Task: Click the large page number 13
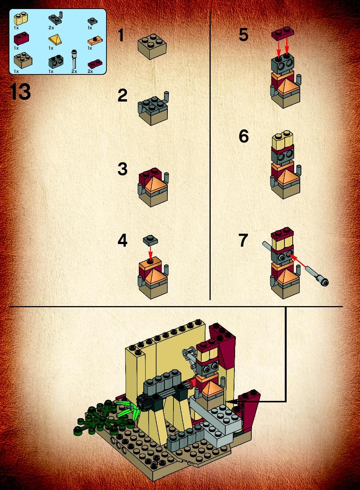20,92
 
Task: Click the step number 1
121,35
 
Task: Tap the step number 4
122,240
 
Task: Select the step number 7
243,240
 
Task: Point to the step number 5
244,35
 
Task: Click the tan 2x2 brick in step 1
152,46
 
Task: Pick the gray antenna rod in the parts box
74,59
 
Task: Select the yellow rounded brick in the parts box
21,18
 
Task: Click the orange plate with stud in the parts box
95,41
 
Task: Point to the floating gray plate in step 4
150,240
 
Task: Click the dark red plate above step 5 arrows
283,33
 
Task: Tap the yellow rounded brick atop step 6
283,139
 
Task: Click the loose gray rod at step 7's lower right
317,275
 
